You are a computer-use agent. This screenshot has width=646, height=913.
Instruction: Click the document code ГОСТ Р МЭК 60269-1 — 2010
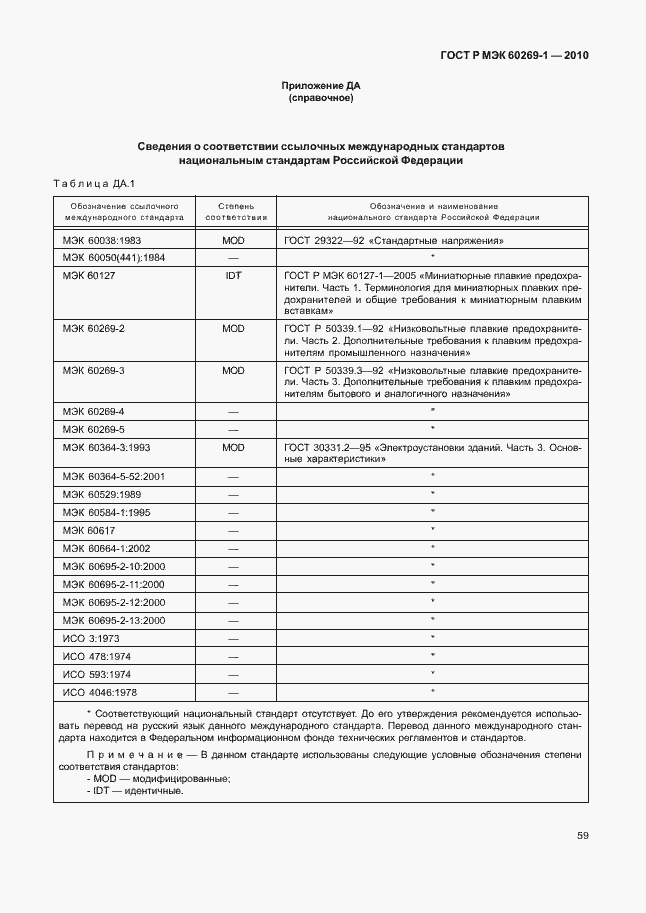[514, 56]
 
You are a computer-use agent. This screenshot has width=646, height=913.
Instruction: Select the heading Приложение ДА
[321, 86]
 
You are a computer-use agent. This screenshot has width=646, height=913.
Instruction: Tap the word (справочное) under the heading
[321, 99]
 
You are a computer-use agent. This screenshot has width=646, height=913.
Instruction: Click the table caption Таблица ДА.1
[93, 183]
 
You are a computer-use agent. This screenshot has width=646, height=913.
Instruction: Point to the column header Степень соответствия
[235, 210]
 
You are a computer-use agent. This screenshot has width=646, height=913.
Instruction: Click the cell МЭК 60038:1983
[102, 241]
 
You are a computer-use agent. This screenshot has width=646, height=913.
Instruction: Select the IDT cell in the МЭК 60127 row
[233, 275]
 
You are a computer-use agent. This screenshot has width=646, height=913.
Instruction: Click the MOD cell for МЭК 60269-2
[233, 328]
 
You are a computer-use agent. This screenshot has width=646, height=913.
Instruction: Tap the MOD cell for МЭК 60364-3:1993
[233, 447]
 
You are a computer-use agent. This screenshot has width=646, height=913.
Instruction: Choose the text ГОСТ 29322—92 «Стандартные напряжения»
[394, 241]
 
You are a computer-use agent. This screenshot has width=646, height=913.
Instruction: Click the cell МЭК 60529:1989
[102, 495]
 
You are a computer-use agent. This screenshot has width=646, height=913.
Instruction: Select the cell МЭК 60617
[89, 530]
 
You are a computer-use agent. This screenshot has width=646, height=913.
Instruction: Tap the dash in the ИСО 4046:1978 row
[233, 692]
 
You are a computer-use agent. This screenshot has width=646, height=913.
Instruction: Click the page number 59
[582, 837]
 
